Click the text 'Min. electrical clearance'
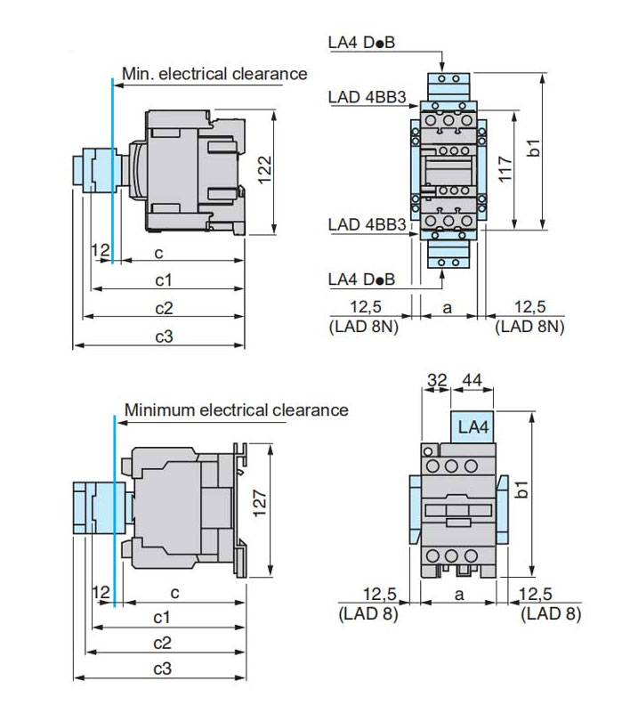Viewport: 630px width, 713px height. tap(214, 74)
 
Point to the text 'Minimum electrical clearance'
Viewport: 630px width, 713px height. tap(236, 410)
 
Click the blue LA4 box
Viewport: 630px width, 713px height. tap(473, 427)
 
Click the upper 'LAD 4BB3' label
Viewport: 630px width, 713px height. tap(362, 95)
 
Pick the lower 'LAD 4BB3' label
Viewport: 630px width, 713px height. tap(362, 224)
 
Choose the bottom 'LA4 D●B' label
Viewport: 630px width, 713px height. tap(360, 280)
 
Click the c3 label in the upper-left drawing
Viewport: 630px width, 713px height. tap(163, 336)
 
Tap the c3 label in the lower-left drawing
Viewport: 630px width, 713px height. tap(163, 669)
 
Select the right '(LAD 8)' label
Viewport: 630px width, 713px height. tap(552, 613)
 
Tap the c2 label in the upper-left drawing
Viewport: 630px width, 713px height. tap(163, 308)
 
